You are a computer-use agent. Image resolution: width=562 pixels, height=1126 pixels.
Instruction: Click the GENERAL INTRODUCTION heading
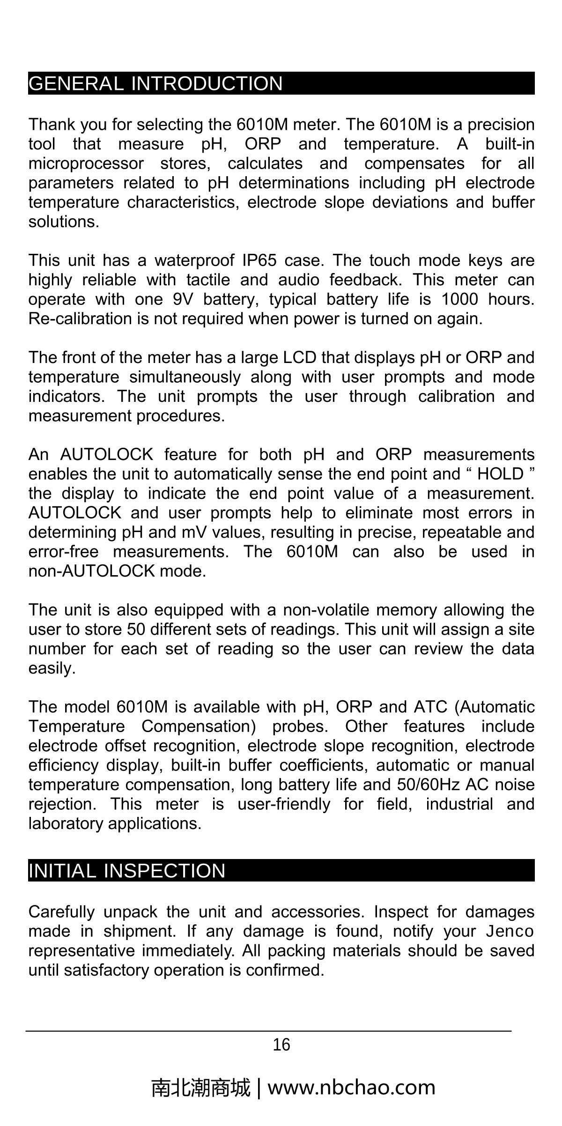pos(155,83)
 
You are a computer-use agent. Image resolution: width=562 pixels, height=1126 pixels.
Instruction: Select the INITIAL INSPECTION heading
pos(127,871)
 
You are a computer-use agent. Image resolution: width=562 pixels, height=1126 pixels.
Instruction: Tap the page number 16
pos(281,1045)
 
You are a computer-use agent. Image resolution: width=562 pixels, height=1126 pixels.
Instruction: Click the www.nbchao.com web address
pos(351,1087)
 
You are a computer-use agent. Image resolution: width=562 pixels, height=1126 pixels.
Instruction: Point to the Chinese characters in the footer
pos(201,1088)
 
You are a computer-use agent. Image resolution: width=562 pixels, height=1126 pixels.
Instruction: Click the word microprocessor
pos(86,163)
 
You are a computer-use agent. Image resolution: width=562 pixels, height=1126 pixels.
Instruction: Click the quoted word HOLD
pos(500,474)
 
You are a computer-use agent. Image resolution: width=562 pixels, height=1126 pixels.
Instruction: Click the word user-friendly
pos(284,804)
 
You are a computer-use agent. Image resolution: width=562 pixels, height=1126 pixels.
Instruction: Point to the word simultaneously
pos(185,377)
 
